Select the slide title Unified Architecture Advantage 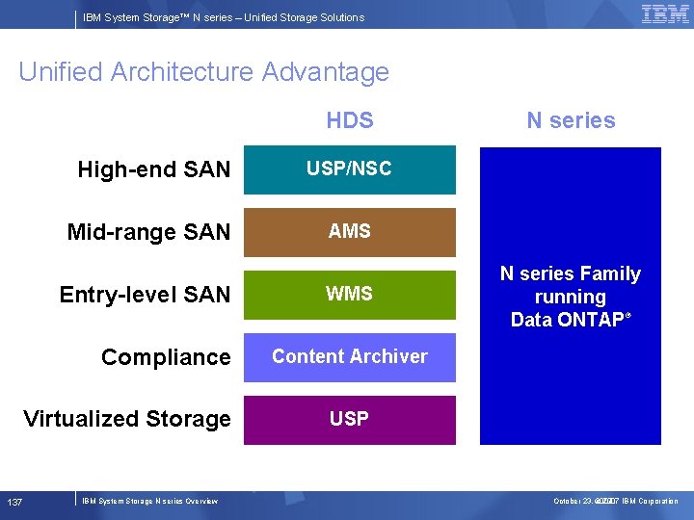pos(203,72)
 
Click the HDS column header pos(349,120)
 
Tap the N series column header pos(571,120)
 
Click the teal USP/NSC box pos(349,169)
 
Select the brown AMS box pos(349,232)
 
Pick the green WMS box pos(349,295)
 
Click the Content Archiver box pos(349,357)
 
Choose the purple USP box pos(349,419)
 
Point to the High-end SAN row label pos(154,170)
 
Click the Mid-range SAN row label pos(148,232)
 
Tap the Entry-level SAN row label pos(145,295)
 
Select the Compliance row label pos(166,357)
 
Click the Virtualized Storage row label pos(127,419)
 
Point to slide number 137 pos(15,502)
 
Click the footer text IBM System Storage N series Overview pos(150,501)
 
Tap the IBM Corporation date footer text pos(615,501)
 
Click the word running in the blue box pos(571,298)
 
